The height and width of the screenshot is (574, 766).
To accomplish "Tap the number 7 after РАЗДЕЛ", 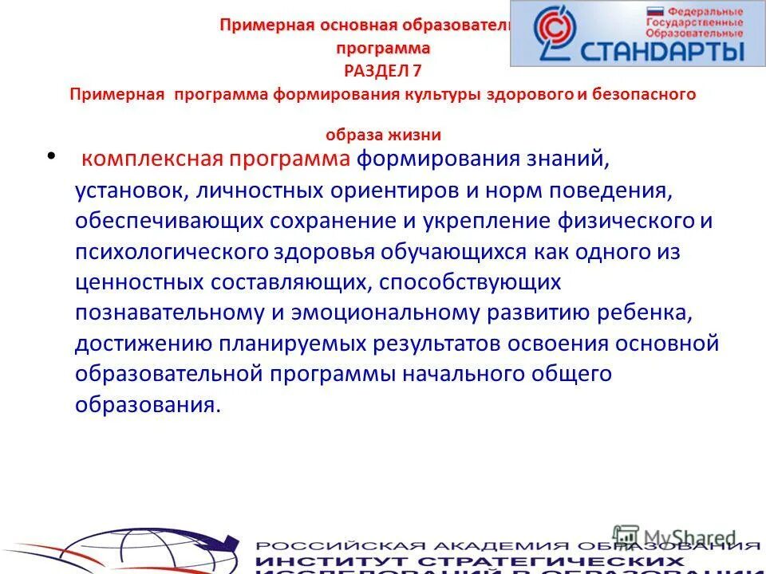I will coord(417,70).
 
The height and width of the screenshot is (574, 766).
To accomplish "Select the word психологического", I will coord(171,252).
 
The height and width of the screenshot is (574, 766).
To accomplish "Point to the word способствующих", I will coord(470,282).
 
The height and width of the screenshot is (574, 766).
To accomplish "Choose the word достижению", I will coord(143,344).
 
